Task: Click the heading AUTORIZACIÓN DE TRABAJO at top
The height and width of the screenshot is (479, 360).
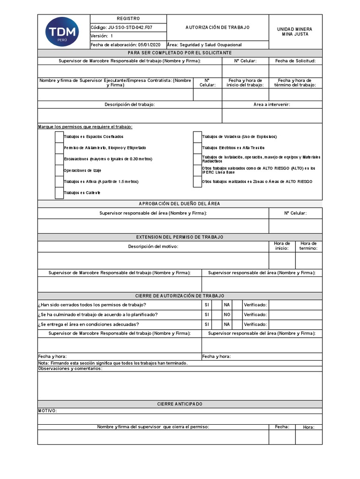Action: pos(217,28)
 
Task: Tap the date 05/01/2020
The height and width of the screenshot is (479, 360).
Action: pos(149,45)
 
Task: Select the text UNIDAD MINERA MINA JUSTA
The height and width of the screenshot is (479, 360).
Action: pos(295,31)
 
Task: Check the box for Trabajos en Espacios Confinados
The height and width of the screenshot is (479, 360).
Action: pos(59,137)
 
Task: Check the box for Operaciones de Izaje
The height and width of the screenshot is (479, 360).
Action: pos(59,170)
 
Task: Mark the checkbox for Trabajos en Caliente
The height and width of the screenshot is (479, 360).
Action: pos(59,193)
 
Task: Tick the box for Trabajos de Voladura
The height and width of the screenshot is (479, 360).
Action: pos(197,137)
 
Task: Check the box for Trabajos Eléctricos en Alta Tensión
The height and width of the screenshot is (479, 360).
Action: pos(197,148)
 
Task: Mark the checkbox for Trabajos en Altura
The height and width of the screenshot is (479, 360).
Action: pos(59,181)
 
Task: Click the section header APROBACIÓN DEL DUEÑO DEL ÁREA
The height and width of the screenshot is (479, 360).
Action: pos(180,203)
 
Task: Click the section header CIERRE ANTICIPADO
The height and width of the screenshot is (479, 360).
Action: pos(180,404)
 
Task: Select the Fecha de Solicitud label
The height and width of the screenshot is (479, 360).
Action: pos(295,61)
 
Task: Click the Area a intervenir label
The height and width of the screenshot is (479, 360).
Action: pos(272,104)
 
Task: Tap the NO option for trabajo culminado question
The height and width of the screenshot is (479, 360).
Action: pos(227,314)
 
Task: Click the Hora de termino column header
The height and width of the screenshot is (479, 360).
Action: pos(308,246)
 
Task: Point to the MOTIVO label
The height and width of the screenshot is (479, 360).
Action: pos(47,411)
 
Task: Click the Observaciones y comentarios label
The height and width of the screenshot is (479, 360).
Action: pos(70,369)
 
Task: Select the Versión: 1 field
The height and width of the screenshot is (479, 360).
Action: pos(102,36)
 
